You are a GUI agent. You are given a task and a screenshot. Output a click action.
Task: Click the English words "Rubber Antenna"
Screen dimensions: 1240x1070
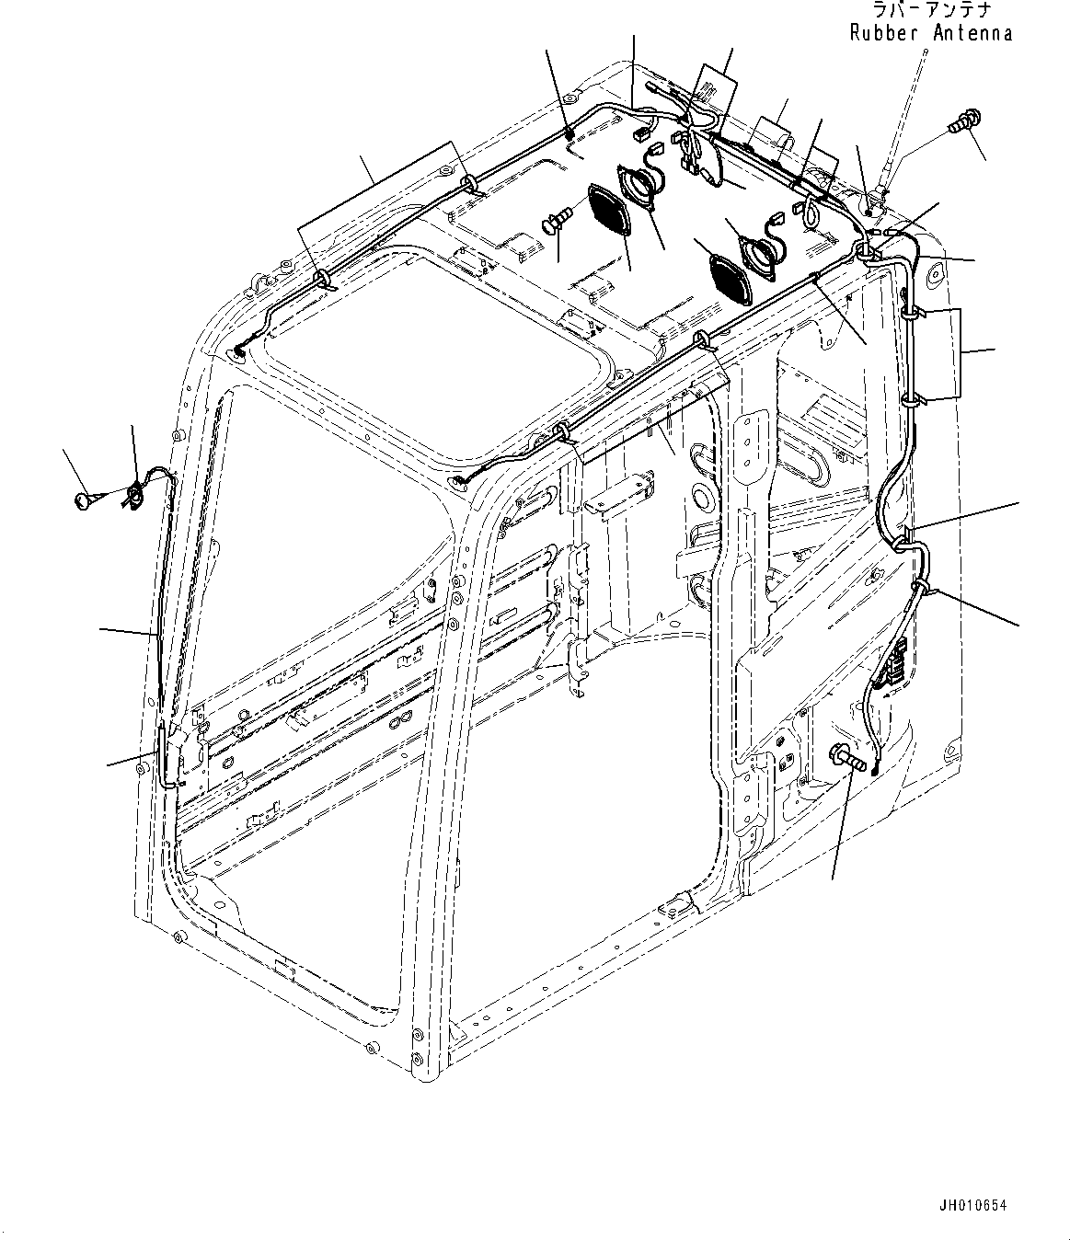[931, 33]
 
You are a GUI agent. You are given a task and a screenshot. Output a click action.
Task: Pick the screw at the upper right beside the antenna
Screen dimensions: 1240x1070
[963, 121]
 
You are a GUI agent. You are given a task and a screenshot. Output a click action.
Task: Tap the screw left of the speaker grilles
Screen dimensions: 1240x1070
[557, 221]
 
